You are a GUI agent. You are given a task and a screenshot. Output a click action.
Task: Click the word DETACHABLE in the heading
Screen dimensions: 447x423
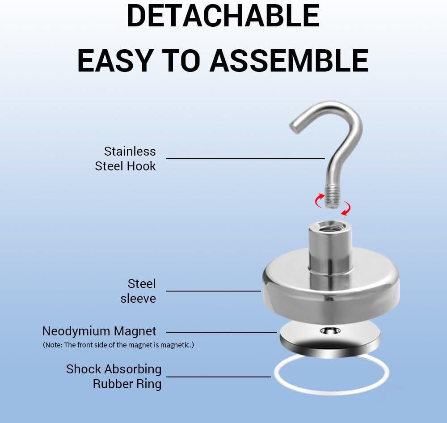pos(223,16)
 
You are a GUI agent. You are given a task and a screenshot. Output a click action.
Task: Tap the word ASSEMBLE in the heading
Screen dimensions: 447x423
pos(289,60)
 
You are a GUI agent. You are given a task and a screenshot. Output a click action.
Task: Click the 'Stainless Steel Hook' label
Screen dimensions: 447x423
pos(126,159)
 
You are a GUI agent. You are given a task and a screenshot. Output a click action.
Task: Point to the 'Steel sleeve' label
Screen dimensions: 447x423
pos(138,291)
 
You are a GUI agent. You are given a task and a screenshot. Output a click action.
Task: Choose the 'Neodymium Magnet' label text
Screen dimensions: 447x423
pos(99,331)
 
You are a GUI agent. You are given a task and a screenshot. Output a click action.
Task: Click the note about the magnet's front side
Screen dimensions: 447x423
pos(118,345)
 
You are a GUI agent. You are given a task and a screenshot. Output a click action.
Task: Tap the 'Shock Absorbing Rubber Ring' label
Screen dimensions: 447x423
pos(114,376)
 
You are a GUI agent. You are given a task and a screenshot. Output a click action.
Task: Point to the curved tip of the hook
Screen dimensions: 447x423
pos(295,127)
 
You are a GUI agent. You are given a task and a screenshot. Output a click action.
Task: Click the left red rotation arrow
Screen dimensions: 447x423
pos(319,200)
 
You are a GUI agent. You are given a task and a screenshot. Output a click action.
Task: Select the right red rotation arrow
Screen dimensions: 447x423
pos(346,208)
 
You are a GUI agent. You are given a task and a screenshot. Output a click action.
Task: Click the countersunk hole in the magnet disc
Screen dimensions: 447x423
pos(330,331)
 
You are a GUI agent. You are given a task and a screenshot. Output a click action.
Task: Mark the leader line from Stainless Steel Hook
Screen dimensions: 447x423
pos(245,158)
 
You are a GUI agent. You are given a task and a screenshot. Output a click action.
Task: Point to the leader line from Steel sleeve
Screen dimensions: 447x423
pos(214,291)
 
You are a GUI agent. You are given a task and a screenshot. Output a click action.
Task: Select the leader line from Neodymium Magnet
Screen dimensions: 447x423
pos(222,332)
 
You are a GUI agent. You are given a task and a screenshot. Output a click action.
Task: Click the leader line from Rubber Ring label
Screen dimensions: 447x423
pos(219,377)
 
